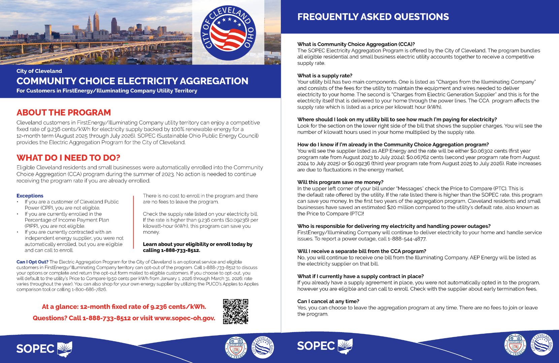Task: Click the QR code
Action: [x=235, y=312]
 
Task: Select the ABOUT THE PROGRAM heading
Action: [x=64, y=113]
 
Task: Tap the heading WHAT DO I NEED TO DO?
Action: [x=68, y=158]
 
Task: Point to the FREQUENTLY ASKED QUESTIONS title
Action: [x=373, y=17]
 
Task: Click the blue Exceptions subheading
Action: [x=30, y=196]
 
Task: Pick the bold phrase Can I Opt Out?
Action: [x=32, y=262]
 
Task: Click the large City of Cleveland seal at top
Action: [x=228, y=33]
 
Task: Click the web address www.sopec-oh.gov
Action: [x=185, y=318]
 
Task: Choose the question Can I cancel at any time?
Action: [x=328, y=301]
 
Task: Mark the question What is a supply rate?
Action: [x=325, y=76]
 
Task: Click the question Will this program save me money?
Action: [x=340, y=182]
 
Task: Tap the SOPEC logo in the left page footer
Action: [x=44, y=349]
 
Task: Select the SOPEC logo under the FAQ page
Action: [x=325, y=346]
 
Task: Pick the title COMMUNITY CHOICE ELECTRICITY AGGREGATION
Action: [x=132, y=81]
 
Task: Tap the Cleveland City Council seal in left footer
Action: [x=236, y=348]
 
